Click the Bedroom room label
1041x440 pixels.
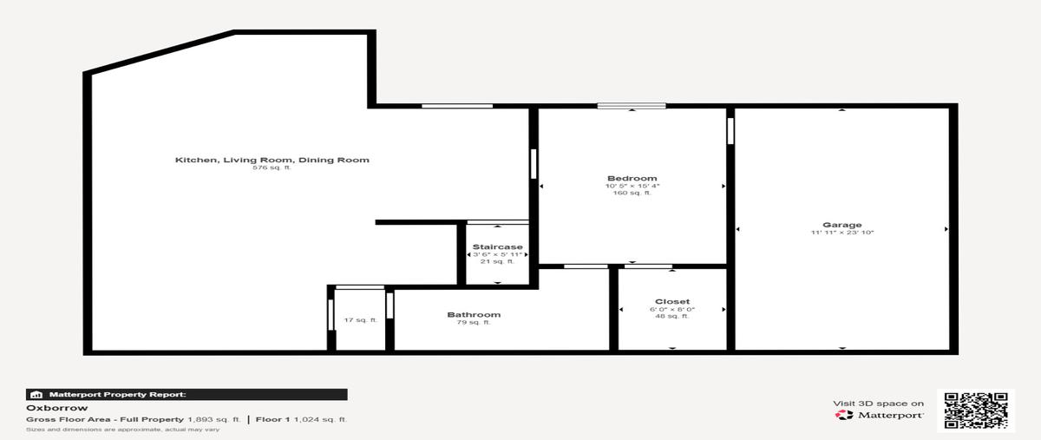632,178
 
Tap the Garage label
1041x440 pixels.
842,225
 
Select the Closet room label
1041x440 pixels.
672,301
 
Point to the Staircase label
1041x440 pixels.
497,247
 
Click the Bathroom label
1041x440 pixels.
474,315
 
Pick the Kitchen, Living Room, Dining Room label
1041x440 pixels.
272,160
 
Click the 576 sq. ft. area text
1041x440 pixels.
272,167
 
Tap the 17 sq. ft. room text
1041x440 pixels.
361,320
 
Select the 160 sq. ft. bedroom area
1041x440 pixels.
632,193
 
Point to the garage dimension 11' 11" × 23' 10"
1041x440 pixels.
842,233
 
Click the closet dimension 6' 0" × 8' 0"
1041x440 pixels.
672,309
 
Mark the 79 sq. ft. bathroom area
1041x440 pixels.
474,322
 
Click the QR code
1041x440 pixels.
975,410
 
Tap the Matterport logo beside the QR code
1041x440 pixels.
879,415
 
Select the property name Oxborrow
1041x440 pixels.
56,408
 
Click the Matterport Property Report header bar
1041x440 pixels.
187,394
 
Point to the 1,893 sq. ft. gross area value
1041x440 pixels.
213,419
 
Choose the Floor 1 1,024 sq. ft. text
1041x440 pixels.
301,419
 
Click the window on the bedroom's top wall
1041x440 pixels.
632,106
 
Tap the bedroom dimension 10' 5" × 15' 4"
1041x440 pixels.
632,186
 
